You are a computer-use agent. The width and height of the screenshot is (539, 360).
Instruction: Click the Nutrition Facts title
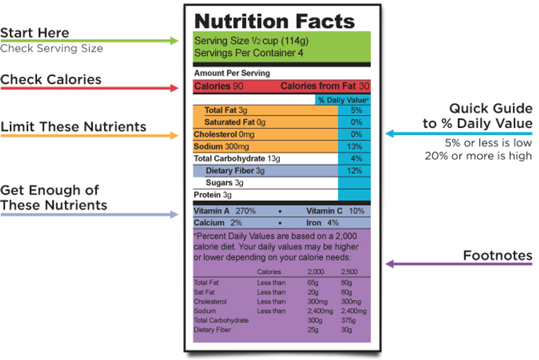click(x=274, y=21)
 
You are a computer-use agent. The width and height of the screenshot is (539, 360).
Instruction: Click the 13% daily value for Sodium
click(x=354, y=147)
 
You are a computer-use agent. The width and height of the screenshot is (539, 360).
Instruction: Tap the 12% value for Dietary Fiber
click(x=354, y=171)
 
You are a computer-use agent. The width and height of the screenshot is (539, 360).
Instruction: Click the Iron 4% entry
click(x=322, y=223)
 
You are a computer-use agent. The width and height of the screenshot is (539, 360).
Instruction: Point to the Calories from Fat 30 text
click(x=324, y=86)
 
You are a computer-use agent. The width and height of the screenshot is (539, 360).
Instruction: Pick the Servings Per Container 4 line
click(x=249, y=53)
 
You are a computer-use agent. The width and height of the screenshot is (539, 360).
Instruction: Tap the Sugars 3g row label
click(x=224, y=182)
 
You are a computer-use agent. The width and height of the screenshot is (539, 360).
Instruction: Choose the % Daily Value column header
click(x=343, y=100)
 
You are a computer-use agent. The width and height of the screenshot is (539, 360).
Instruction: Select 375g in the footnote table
click(x=348, y=320)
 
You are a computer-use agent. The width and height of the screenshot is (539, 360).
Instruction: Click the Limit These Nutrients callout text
click(x=73, y=127)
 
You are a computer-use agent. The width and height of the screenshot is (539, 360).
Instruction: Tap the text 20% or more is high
click(x=478, y=156)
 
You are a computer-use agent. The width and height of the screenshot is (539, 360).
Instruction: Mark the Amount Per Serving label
click(x=232, y=73)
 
